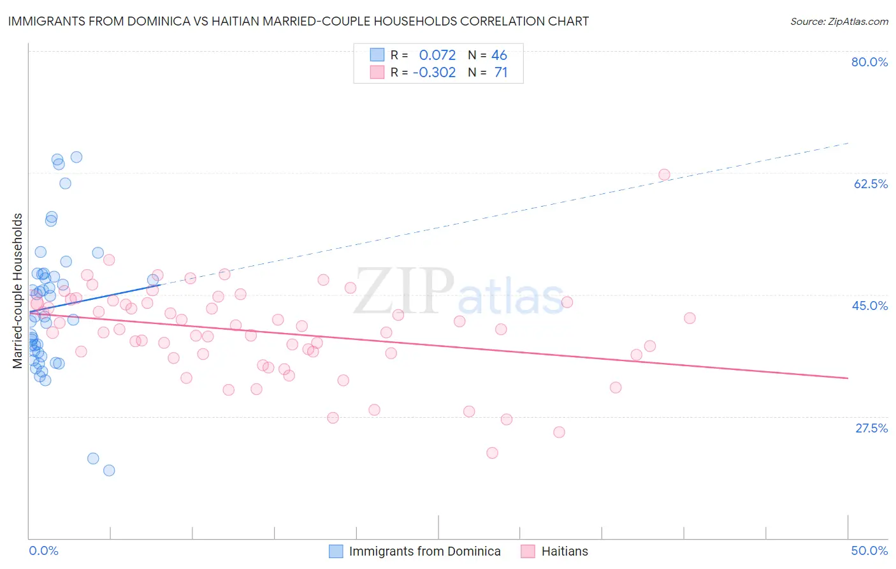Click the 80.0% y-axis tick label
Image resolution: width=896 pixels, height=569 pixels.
pyautogui.click(x=869, y=62)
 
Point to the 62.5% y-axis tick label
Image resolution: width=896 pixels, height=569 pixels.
pyautogui.click(x=871, y=184)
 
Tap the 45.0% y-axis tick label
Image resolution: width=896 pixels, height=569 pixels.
pyautogui.click(x=870, y=306)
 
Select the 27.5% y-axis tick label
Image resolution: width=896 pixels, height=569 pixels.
pyautogui.click(x=871, y=428)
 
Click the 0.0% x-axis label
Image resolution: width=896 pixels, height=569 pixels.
pyautogui.click(x=43, y=551)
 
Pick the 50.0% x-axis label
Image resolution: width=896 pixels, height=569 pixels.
pyautogui.click(x=869, y=551)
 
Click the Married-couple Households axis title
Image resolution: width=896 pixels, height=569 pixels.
pyautogui.click(x=18, y=291)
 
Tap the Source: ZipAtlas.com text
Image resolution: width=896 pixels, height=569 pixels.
pyautogui.click(x=839, y=22)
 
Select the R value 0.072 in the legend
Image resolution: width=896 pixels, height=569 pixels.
pyautogui.click(x=437, y=55)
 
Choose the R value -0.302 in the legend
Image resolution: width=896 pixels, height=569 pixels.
pyautogui.click(x=434, y=73)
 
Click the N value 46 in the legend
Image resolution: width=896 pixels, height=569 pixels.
pyautogui.click(x=499, y=55)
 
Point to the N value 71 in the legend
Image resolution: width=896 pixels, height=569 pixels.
pyautogui.click(x=501, y=73)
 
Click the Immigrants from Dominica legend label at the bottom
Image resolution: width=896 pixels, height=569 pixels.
pyautogui.click(x=424, y=551)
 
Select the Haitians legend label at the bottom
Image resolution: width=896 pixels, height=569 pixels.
pyautogui.click(x=565, y=551)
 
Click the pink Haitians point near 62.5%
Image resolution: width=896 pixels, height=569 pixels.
pyautogui.click(x=664, y=175)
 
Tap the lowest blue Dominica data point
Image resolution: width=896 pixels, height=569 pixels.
pyautogui.click(x=109, y=470)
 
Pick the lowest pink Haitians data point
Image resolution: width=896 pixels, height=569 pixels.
pyautogui.click(x=492, y=453)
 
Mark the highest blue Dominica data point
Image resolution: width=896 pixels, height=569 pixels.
pyautogui.click(x=76, y=157)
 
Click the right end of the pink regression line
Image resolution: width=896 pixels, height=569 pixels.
pyautogui.click(x=848, y=378)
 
